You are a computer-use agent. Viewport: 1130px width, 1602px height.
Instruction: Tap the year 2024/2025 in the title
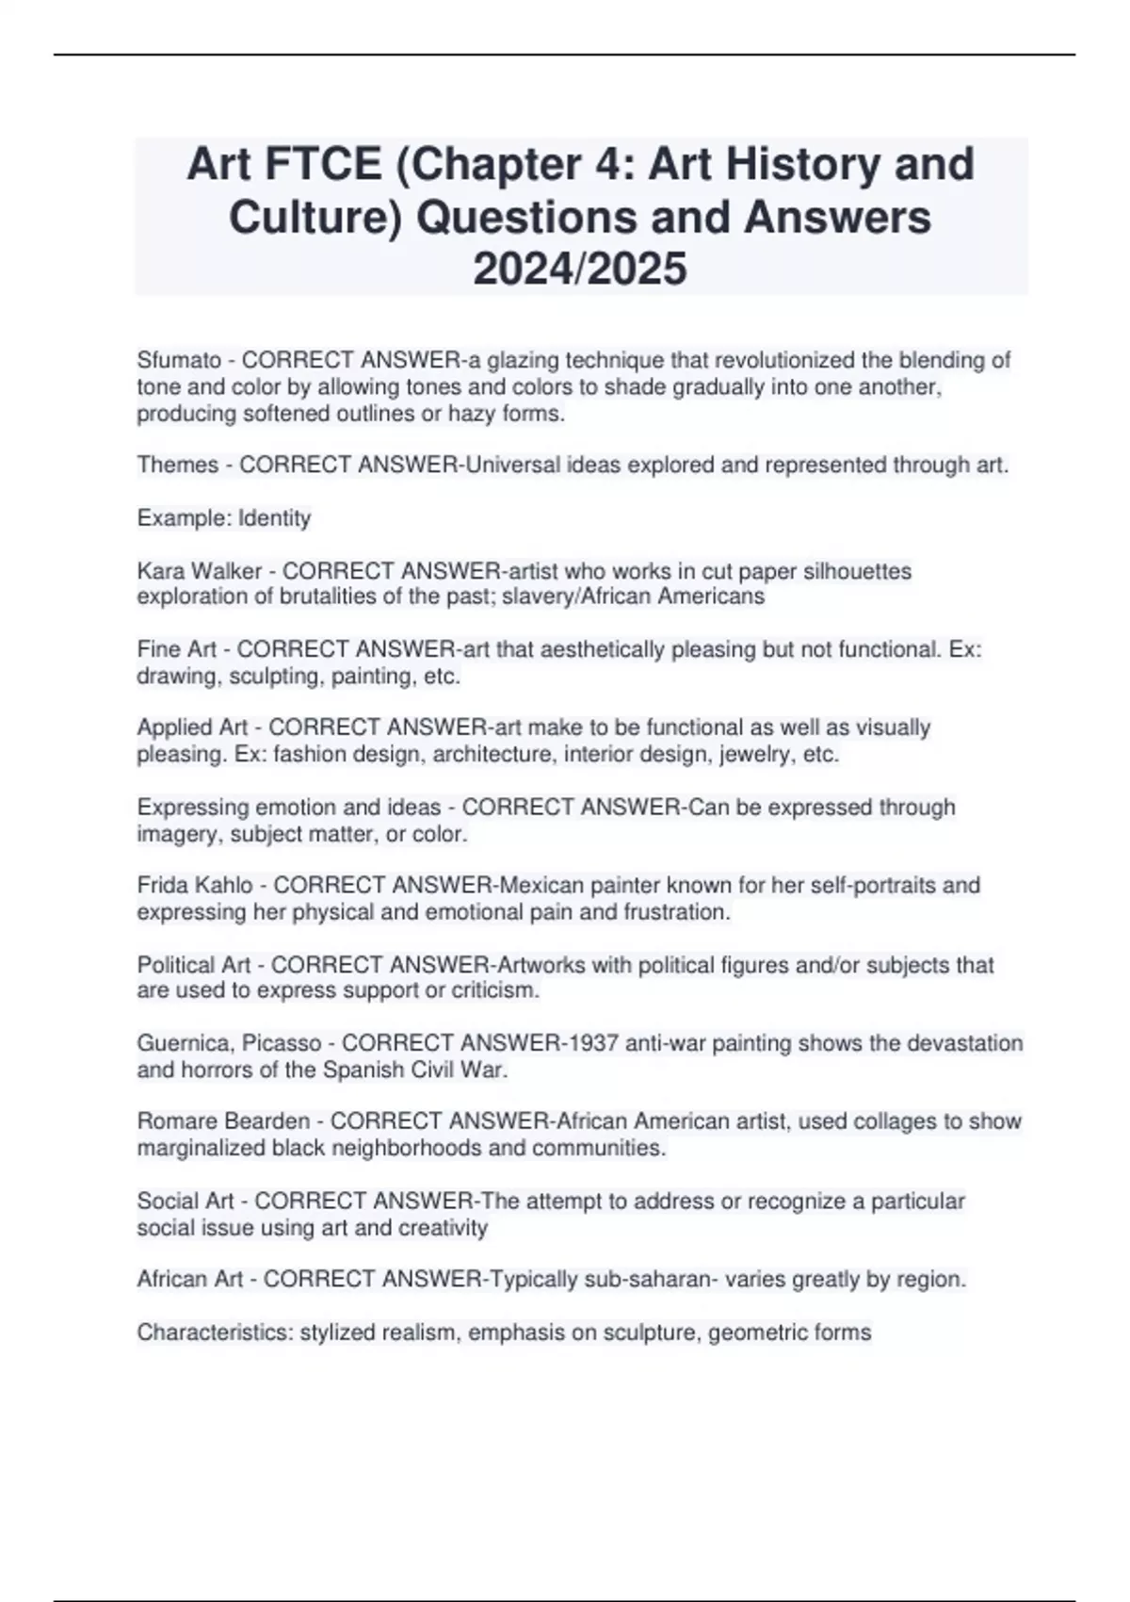(580, 270)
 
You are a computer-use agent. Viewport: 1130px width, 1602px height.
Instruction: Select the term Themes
(178, 465)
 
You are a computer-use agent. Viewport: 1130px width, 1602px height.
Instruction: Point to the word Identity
(274, 518)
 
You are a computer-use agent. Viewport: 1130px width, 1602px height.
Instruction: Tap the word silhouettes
(858, 571)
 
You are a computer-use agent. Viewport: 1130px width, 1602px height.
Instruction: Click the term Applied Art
(192, 727)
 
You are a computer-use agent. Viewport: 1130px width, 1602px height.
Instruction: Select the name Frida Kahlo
(195, 885)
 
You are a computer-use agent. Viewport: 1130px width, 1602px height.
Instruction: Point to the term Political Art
(194, 965)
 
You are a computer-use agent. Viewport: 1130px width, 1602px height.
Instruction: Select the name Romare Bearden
(223, 1121)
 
